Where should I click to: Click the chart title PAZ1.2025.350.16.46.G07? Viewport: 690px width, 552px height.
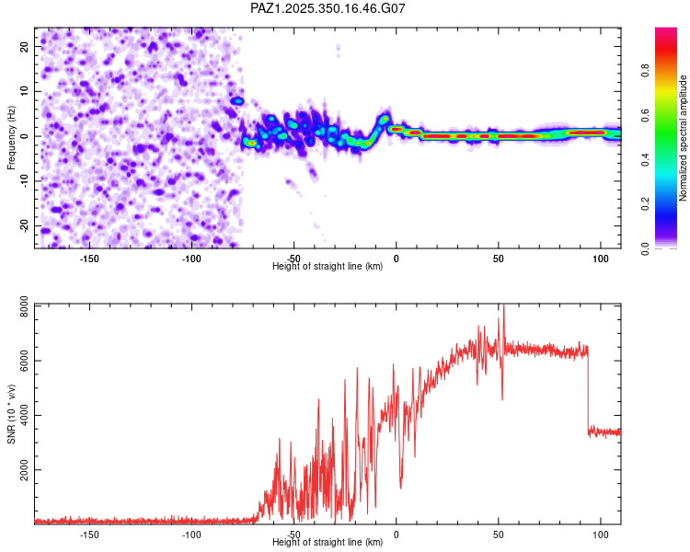coord(328,8)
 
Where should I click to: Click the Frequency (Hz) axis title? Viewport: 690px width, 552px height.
coord(11,137)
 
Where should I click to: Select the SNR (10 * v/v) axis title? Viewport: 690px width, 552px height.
coord(11,414)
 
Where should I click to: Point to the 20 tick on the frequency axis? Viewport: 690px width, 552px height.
coord(25,46)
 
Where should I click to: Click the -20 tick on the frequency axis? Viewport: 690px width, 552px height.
coord(23,225)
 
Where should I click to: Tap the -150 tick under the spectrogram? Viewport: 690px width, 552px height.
coord(89,259)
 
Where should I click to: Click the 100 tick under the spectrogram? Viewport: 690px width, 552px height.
coord(601,259)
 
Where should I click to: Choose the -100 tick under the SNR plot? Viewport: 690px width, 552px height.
coord(191,535)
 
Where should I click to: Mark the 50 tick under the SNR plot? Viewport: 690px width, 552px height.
coord(499,535)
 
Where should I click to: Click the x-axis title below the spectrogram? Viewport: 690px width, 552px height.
coord(328,267)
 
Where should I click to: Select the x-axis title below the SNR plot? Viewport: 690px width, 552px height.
coord(328,543)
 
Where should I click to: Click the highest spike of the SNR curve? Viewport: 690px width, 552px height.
coord(502,307)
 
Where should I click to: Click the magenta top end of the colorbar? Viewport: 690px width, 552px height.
coord(665,32)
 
